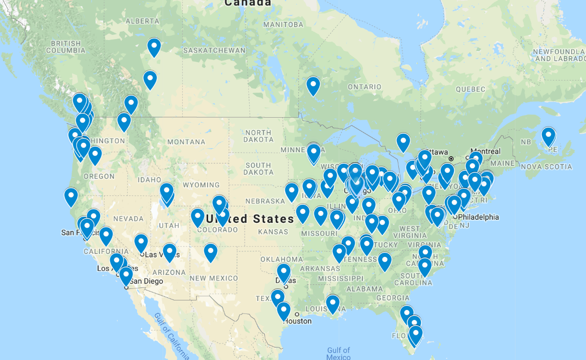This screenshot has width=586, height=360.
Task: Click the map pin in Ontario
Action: tap(313, 86)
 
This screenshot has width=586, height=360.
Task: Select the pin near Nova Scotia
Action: tap(548, 136)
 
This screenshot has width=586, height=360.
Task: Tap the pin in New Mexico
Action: tap(211, 252)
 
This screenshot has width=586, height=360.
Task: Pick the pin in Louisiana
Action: tap(332, 304)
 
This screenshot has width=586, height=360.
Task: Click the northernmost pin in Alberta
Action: tap(154, 48)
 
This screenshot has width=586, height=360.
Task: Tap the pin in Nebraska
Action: tap(292, 192)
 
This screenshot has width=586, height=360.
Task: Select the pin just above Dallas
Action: tap(284, 273)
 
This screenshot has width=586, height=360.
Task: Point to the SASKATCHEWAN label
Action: tap(214, 51)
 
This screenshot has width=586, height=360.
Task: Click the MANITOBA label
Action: tap(283, 25)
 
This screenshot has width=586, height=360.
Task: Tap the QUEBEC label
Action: tap(470, 89)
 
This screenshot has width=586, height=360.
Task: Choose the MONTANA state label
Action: tap(186, 142)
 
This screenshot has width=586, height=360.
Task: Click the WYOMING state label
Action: tap(201, 185)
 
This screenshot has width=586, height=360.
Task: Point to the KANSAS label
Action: tap(273, 232)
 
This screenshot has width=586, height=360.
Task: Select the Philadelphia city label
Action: tap(478, 217)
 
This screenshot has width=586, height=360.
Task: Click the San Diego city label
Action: tap(146, 281)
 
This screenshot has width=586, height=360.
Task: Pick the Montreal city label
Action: tap(485, 151)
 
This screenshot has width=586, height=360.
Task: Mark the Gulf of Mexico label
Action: tap(338, 353)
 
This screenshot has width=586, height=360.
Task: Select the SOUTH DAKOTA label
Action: tap(258, 169)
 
